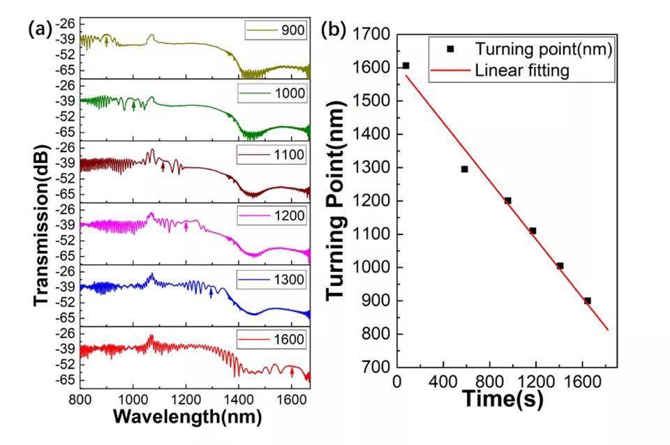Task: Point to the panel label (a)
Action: pos(40,29)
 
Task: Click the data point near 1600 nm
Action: pos(405,66)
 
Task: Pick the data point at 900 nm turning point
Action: pos(588,301)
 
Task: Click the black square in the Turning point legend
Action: pos(451,49)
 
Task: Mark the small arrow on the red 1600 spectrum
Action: pos(292,372)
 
